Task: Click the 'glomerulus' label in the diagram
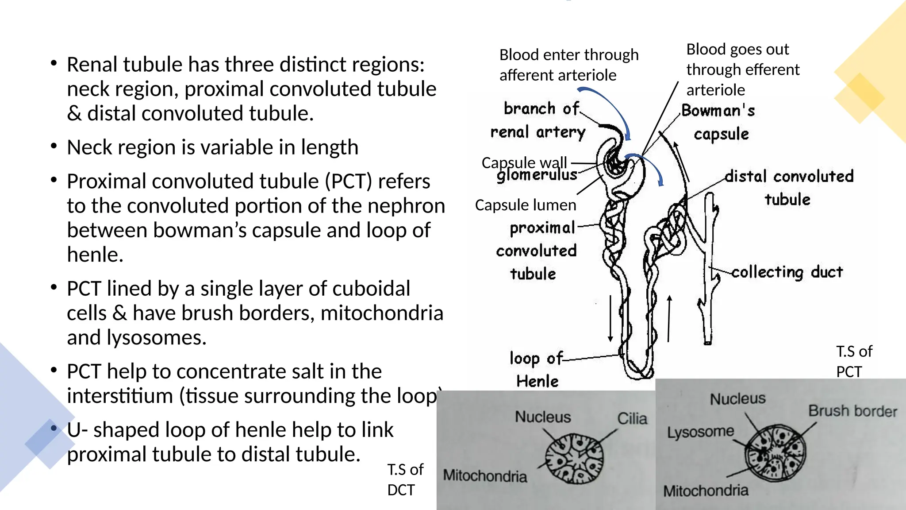[537, 175]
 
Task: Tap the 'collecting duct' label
[787, 272]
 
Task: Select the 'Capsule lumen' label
[526, 205]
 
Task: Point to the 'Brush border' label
[852, 411]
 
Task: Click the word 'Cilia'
[632, 418]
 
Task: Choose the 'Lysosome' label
[700, 432]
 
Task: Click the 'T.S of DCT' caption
[405, 479]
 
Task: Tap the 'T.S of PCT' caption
[854, 361]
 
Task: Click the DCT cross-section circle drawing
[574, 458]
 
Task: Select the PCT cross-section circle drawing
[775, 453]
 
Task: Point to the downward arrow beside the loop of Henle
[610, 318]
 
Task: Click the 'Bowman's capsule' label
[718, 122]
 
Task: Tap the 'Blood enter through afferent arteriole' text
[569, 65]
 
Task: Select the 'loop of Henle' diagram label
[536, 369]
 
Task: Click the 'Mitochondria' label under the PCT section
[706, 491]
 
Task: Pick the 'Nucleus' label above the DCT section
[543, 417]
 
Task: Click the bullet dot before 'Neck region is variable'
[54, 146]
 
